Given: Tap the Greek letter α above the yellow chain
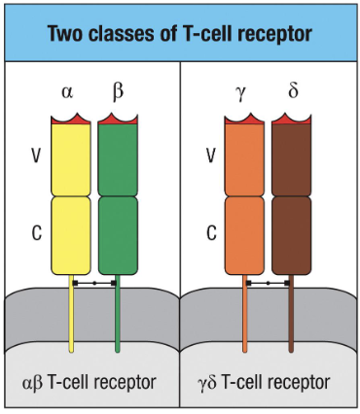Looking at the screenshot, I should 67,93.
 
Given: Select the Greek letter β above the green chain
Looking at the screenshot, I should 119,93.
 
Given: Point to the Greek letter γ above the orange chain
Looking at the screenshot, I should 243,93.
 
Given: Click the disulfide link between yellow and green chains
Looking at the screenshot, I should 94,283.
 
